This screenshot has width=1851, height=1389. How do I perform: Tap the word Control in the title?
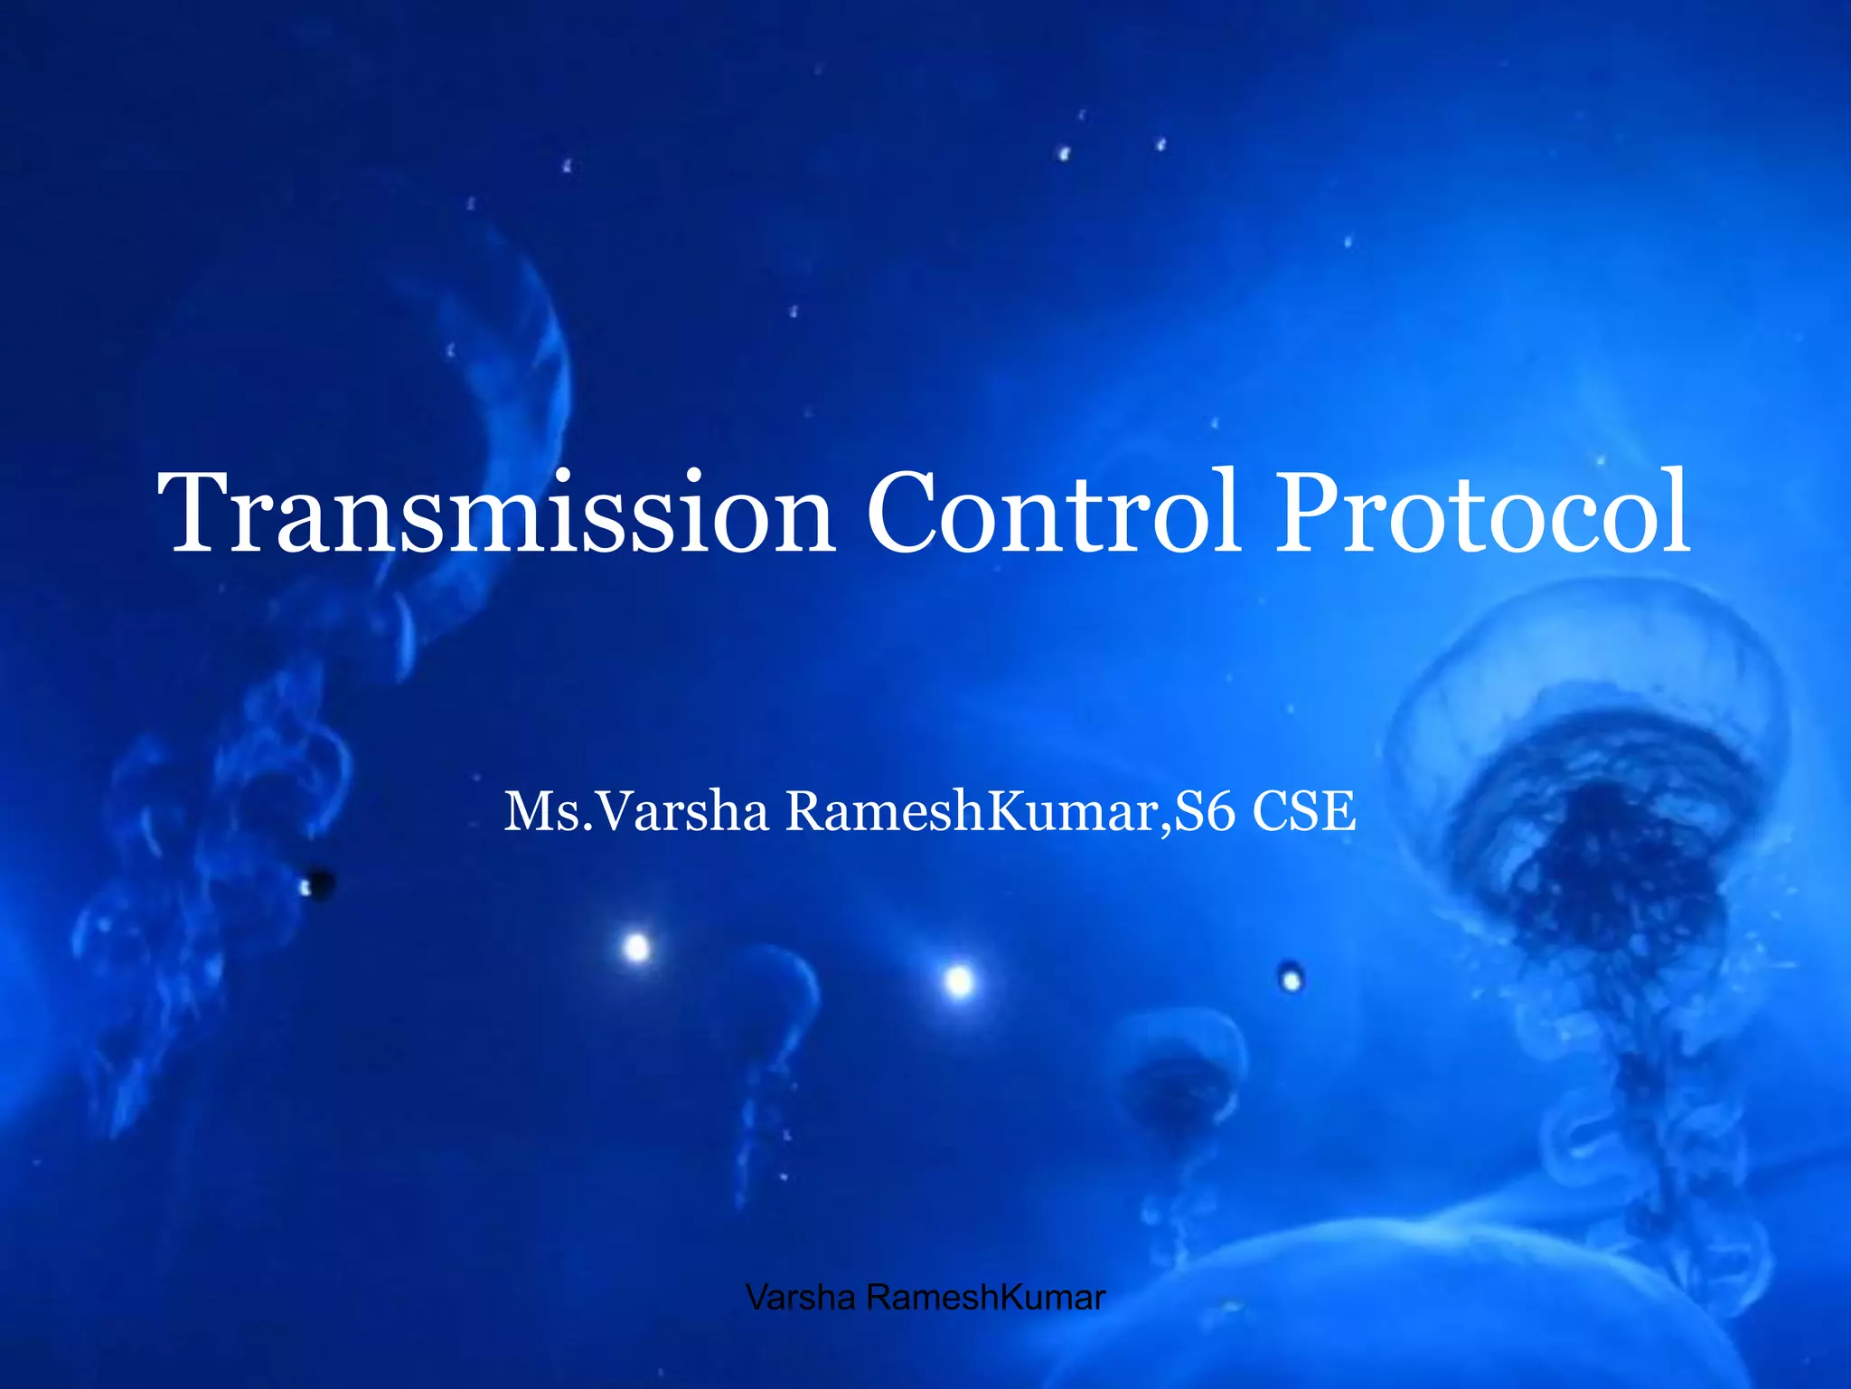point(1053,514)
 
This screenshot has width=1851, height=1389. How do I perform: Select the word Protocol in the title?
point(1482,514)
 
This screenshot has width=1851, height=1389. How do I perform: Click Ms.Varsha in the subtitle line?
point(636,811)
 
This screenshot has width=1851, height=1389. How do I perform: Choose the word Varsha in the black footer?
point(801,1298)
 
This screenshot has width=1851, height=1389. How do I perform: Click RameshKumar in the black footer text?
point(985,1298)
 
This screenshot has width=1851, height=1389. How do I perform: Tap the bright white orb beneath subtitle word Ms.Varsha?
point(637,948)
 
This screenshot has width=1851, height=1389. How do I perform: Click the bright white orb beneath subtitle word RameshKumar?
point(959,981)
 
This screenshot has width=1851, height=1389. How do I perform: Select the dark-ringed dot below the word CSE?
point(1292,978)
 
